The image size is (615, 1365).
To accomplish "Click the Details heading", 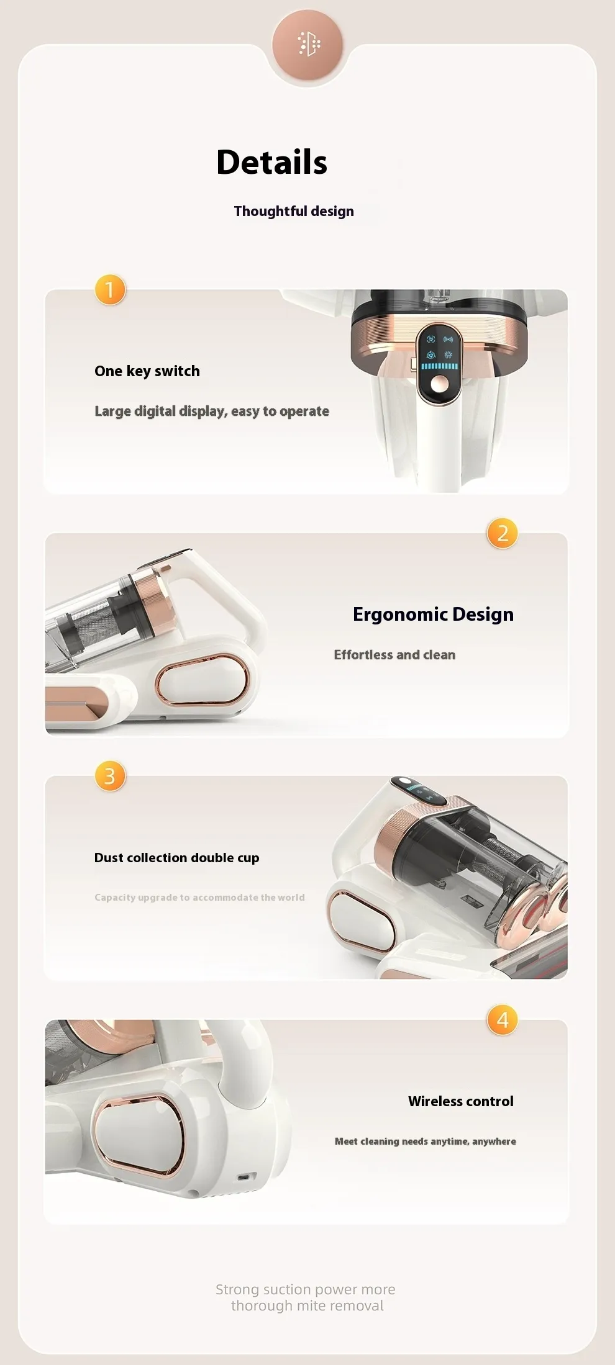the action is [x=271, y=163].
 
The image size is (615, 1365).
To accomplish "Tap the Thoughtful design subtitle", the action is [x=294, y=211].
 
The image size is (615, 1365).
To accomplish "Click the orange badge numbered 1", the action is [x=110, y=290].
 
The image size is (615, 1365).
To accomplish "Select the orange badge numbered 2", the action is [x=503, y=533].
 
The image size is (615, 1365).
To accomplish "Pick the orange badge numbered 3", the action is [x=110, y=776].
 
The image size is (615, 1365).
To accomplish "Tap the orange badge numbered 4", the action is [x=503, y=1020].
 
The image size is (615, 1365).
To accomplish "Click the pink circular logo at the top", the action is [x=307, y=45].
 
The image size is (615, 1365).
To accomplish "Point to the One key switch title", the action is [x=147, y=371].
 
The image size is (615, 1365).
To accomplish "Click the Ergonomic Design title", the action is [x=433, y=614].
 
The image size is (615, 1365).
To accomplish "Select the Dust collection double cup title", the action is [x=176, y=858].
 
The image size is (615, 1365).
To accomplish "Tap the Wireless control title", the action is [x=461, y=1101].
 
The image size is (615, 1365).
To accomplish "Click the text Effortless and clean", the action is [x=394, y=655].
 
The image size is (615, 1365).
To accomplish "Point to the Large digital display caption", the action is [x=212, y=411].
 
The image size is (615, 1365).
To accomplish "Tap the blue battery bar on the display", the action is [x=439, y=366].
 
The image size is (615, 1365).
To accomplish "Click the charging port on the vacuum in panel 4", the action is [x=247, y=1177].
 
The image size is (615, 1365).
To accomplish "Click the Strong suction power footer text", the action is [x=306, y=1297].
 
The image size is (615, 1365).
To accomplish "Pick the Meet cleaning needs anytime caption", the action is [x=426, y=1141].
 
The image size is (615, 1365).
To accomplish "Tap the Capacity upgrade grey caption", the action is [x=199, y=898].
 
